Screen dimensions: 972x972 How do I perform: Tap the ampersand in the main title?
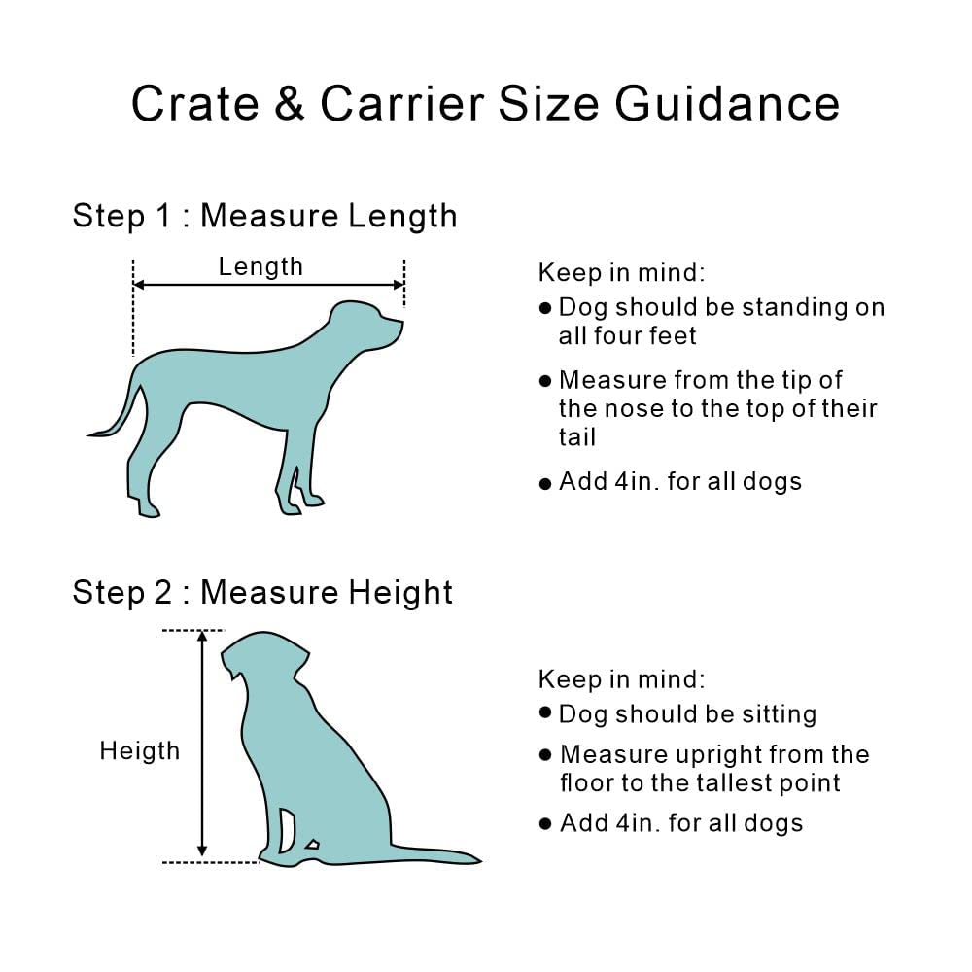click(290, 104)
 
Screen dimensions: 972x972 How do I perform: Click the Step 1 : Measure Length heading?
click(264, 215)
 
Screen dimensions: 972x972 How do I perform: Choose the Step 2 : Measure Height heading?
click(262, 592)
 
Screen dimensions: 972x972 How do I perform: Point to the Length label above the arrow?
click(260, 266)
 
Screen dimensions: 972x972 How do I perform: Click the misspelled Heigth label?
click(139, 750)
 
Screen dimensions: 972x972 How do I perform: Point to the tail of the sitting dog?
click(447, 856)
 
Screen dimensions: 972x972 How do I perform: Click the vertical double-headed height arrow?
click(202, 745)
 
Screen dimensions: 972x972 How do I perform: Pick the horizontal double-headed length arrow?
click(268, 285)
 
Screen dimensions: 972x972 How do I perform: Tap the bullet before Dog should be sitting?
click(545, 713)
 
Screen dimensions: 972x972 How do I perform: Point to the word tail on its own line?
click(577, 436)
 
